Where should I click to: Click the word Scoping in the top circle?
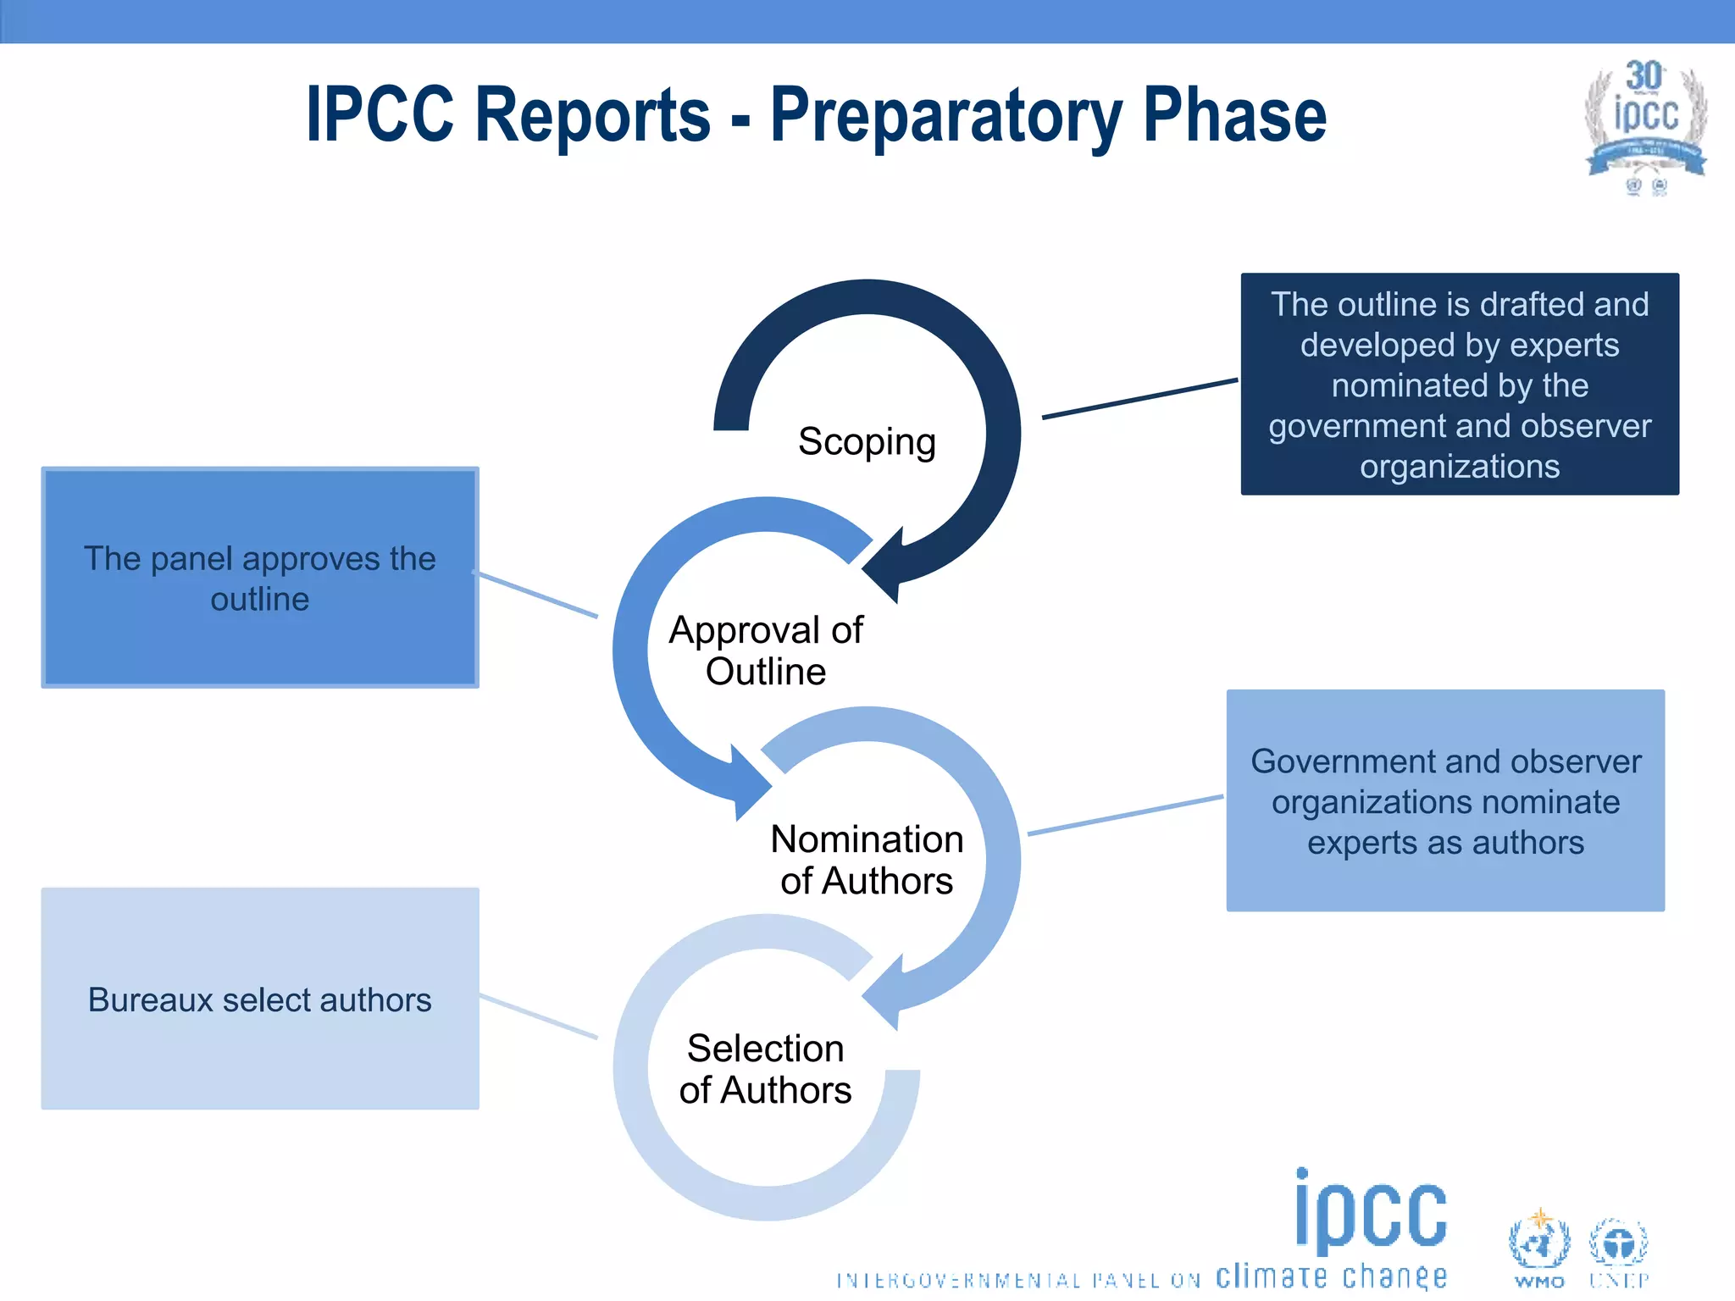867,441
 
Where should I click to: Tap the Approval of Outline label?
766,650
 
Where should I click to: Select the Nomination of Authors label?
867,860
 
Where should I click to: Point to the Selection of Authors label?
765,1069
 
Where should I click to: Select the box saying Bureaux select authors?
260,999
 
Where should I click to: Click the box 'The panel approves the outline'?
260,578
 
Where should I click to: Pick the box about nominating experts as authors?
1445,800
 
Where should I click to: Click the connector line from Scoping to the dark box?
1139,399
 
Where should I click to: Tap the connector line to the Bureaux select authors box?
539,1016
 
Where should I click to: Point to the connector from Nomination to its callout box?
1125,816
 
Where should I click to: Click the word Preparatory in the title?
945,116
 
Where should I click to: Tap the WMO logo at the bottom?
1539,1248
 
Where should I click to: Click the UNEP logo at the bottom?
1618,1248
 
